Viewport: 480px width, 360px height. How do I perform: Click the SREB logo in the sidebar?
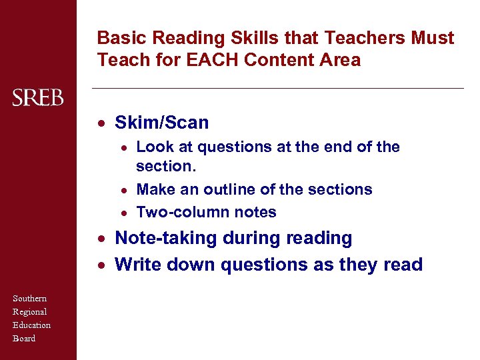(38, 99)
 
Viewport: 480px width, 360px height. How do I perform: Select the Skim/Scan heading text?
(162, 123)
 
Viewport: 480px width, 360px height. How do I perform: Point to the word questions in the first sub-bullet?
(229, 147)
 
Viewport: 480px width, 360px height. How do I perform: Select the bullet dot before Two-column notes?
(124, 213)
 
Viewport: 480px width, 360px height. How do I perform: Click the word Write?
(137, 265)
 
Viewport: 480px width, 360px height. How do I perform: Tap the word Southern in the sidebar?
(30, 298)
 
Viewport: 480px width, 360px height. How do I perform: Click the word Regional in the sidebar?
(30, 311)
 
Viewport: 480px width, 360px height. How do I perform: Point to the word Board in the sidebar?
(24, 338)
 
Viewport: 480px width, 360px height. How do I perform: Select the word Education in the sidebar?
(32, 325)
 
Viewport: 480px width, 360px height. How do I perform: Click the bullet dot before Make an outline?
(124, 190)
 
